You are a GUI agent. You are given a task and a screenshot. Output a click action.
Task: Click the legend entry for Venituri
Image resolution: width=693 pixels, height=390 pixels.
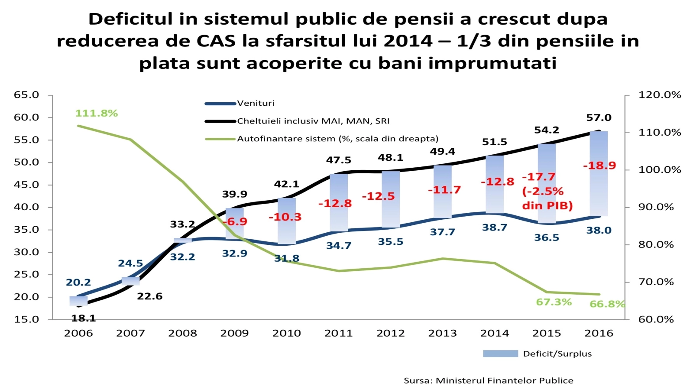256,103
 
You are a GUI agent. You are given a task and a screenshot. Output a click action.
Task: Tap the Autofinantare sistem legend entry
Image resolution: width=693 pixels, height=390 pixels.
337,139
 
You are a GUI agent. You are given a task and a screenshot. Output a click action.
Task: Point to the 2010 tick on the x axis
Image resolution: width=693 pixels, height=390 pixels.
286,333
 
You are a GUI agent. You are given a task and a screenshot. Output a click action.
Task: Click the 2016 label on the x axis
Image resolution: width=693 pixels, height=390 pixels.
599,333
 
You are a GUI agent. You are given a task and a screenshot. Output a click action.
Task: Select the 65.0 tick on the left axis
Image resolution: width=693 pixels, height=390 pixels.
26,94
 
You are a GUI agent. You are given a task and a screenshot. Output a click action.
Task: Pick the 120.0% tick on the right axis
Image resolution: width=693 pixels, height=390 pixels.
659,94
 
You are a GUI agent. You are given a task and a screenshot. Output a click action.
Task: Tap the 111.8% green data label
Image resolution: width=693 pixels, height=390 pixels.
97,113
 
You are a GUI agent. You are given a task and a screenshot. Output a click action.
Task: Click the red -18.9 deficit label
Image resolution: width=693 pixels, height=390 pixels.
599,166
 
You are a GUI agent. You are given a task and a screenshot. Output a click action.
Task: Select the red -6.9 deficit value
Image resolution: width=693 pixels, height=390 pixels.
235,221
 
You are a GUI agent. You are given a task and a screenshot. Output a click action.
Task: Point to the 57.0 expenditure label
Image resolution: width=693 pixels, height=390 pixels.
599,117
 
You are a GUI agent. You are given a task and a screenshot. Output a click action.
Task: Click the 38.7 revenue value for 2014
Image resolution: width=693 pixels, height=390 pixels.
495,227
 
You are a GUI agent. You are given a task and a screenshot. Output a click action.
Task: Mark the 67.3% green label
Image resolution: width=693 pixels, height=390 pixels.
554,302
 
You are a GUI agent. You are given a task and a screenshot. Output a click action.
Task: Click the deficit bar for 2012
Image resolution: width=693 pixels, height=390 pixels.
390,199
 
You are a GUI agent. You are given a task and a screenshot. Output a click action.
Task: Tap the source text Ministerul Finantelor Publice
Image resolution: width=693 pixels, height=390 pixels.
504,380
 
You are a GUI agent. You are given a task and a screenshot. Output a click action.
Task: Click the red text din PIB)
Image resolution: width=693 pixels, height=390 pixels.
547,205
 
